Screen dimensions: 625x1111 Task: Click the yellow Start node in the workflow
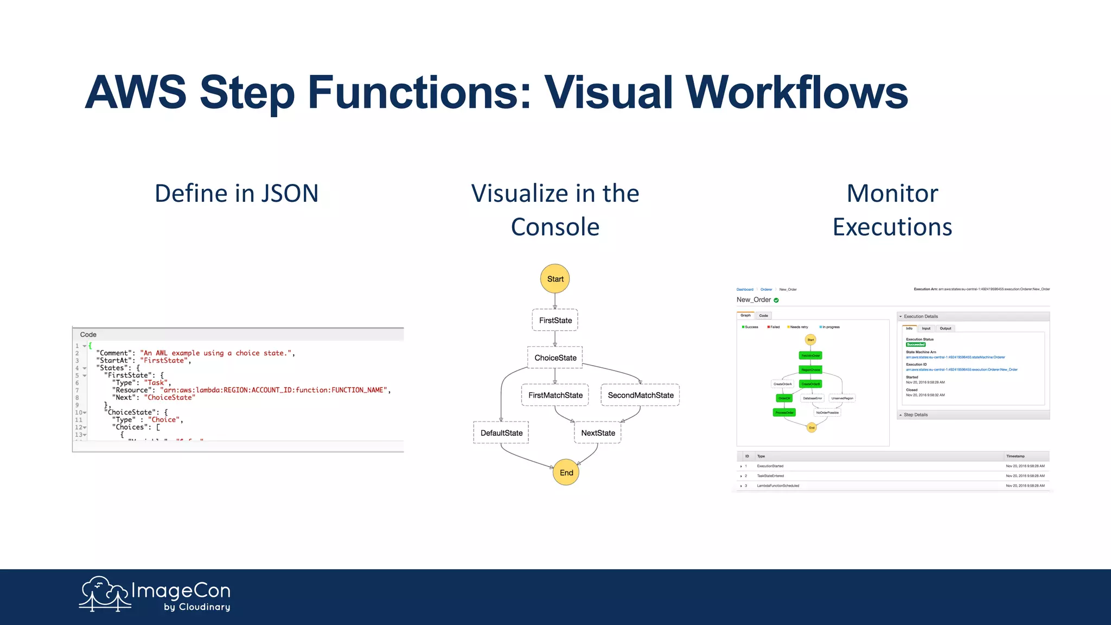click(555, 279)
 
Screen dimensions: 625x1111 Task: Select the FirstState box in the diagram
click(555, 320)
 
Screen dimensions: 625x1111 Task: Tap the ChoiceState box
click(555, 358)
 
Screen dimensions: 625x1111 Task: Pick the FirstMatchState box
click(555, 395)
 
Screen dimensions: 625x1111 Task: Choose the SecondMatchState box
click(640, 395)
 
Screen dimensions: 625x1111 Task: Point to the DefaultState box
click(501, 433)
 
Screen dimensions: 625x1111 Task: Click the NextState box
click(598, 433)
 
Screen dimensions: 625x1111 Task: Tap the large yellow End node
click(566, 473)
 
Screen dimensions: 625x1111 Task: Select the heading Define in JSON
click(237, 194)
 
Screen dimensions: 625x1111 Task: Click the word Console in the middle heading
click(555, 227)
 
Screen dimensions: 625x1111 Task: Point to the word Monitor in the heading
click(892, 194)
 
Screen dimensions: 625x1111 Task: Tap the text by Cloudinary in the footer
click(197, 607)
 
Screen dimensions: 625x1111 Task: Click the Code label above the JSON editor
click(88, 335)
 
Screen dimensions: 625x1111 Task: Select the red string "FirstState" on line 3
click(164, 360)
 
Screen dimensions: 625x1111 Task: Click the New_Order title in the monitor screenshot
click(754, 299)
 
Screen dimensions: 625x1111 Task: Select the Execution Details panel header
click(921, 316)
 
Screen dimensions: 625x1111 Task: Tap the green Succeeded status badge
click(916, 345)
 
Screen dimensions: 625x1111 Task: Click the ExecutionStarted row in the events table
click(770, 466)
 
